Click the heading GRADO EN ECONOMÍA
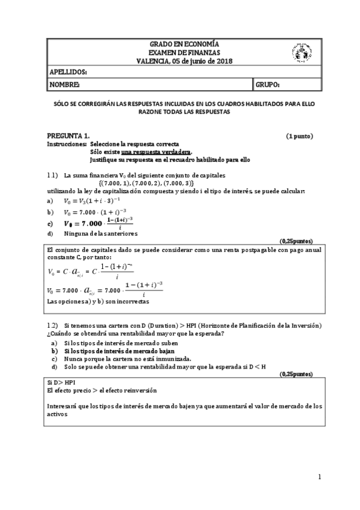pyautogui.click(x=184, y=44)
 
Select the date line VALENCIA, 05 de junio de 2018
pyautogui.click(x=184, y=61)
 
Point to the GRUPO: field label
pyautogui.click(x=267, y=85)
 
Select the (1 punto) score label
pyautogui.click(x=299, y=136)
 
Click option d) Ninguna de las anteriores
pyautogui.click(x=100, y=233)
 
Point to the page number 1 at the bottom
pyautogui.click(x=320, y=477)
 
